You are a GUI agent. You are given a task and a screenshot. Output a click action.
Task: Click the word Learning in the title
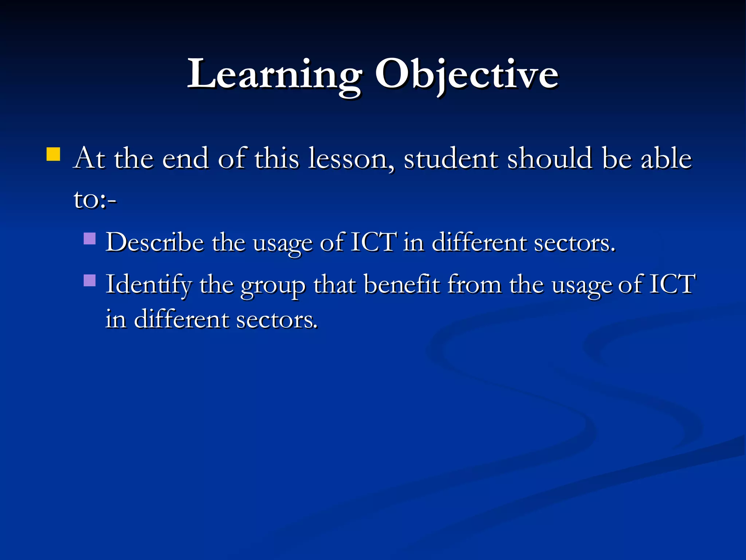click(x=274, y=75)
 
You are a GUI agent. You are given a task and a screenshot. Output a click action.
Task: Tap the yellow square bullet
click(x=53, y=154)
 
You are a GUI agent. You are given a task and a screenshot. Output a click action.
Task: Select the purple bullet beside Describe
click(x=90, y=238)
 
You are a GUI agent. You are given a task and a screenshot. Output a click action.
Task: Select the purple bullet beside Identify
click(x=90, y=280)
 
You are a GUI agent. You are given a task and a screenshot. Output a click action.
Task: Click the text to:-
click(x=95, y=200)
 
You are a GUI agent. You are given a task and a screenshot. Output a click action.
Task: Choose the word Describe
click(x=154, y=242)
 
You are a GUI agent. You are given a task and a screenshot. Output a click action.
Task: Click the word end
click(x=185, y=159)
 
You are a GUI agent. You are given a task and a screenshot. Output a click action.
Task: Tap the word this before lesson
click(x=276, y=159)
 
